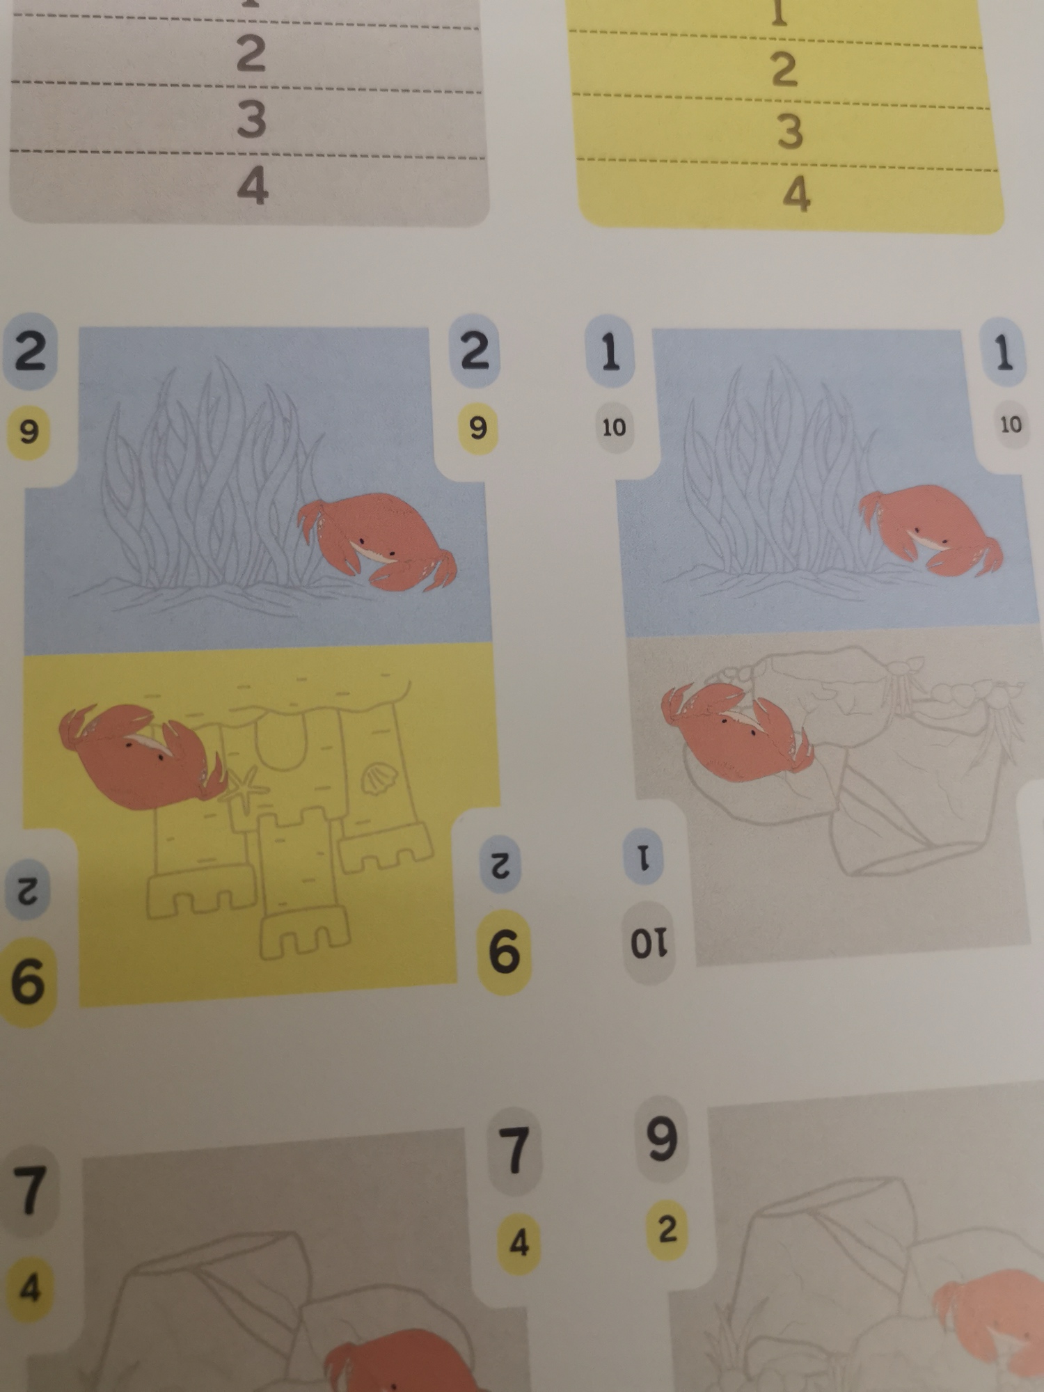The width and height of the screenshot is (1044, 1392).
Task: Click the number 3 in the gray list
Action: pyautogui.click(x=252, y=119)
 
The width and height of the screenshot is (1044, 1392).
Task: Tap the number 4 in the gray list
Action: pyautogui.click(x=253, y=186)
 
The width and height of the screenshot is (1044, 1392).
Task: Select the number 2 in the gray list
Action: pyautogui.click(x=251, y=54)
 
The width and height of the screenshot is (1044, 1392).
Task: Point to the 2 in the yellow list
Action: pyautogui.click(x=784, y=70)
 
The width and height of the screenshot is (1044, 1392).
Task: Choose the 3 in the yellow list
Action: pyautogui.click(x=791, y=132)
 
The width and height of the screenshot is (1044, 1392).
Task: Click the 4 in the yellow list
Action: pyautogui.click(x=796, y=194)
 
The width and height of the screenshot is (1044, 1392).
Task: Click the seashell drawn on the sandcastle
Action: pyautogui.click(x=379, y=779)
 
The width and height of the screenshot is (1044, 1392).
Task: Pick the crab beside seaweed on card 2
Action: pyautogui.click(x=377, y=541)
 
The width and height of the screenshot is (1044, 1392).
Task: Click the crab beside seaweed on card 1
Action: pyautogui.click(x=931, y=530)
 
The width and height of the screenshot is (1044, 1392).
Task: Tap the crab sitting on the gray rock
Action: pyautogui.click(x=736, y=731)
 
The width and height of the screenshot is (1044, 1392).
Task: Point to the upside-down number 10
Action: pyautogui.click(x=649, y=943)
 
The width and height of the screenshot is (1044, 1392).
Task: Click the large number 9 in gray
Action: pyautogui.click(x=661, y=1139)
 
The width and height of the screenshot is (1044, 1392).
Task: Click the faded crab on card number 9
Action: pyautogui.click(x=988, y=1322)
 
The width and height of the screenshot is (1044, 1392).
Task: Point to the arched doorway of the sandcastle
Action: pyautogui.click(x=281, y=742)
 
